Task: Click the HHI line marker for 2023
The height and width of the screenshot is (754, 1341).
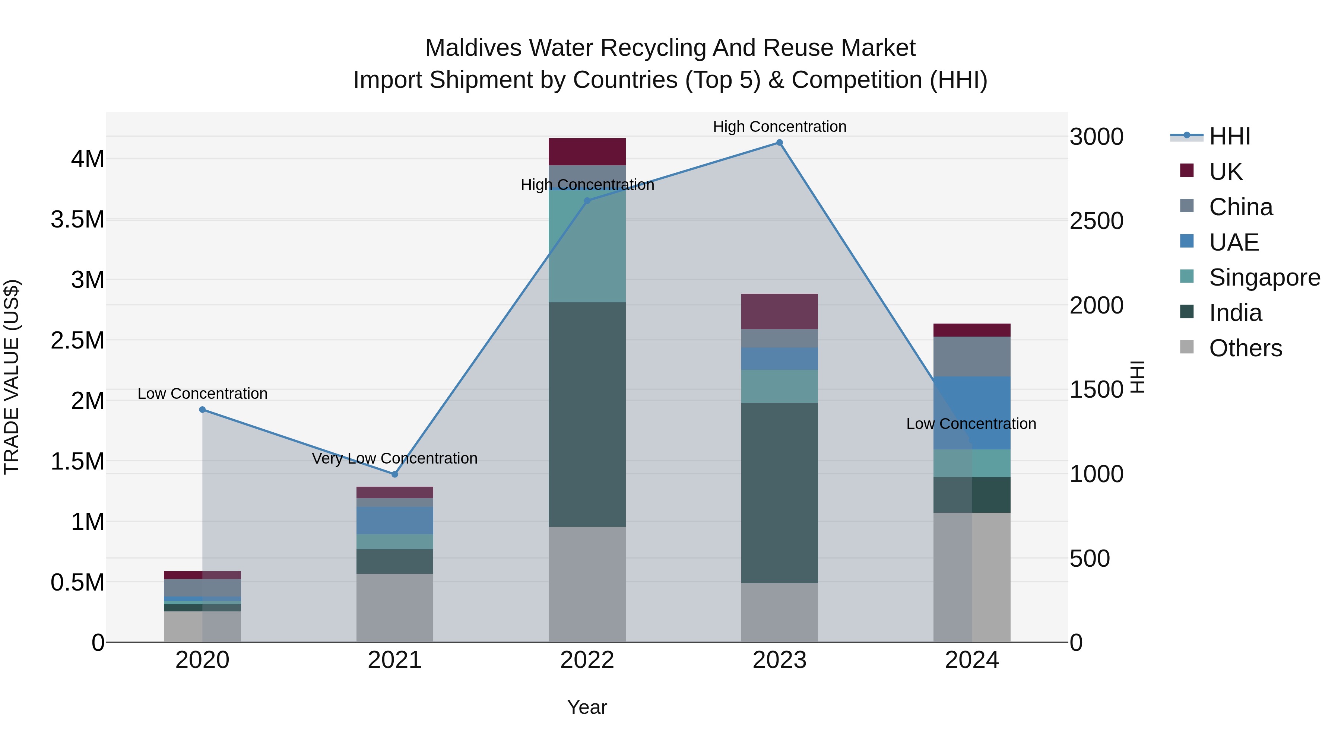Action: click(x=779, y=143)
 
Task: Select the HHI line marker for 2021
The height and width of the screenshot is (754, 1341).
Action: click(x=394, y=474)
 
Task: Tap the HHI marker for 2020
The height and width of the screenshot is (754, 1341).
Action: click(x=203, y=410)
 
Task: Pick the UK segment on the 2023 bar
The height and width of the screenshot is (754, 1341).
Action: click(x=779, y=311)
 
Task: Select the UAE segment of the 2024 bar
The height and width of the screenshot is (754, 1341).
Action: click(x=971, y=412)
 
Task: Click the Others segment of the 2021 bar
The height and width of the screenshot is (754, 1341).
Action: click(x=394, y=607)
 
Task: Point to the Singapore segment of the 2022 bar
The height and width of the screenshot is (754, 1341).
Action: click(x=587, y=246)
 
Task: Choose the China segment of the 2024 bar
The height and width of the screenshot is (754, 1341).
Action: click(x=971, y=356)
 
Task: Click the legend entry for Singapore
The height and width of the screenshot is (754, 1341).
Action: click(x=1264, y=277)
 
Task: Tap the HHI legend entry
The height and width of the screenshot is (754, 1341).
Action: click(x=1229, y=136)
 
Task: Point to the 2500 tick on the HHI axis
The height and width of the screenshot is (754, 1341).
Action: click(x=1096, y=221)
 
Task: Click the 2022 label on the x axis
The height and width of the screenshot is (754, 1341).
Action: click(x=587, y=660)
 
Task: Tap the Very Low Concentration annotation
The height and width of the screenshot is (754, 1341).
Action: click(x=394, y=458)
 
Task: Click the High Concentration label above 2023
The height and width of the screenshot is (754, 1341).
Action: click(x=779, y=127)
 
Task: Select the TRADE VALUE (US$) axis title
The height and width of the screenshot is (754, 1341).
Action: click(x=12, y=377)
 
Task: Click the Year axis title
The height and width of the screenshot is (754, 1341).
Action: click(x=587, y=707)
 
